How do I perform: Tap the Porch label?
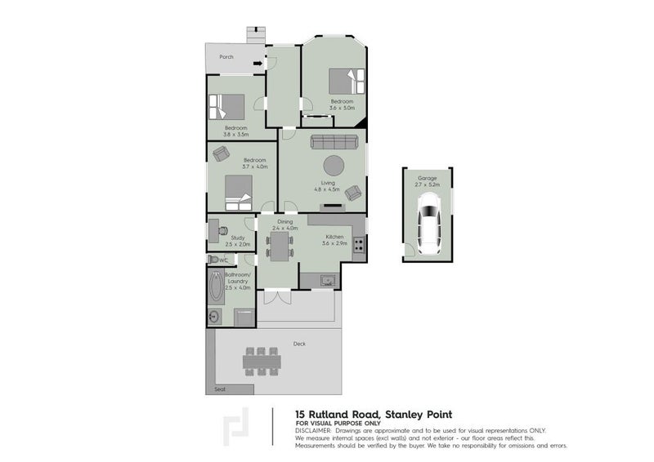pos(226,57)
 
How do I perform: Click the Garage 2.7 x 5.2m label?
pos(428,181)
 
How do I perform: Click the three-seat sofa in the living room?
pos(332,142)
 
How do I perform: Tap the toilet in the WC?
pos(215,260)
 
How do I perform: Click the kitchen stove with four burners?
pos(359,242)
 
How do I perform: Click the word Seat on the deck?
pos(219,389)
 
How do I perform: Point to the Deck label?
pos(299,344)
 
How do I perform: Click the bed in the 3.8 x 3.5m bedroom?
pos(226,107)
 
